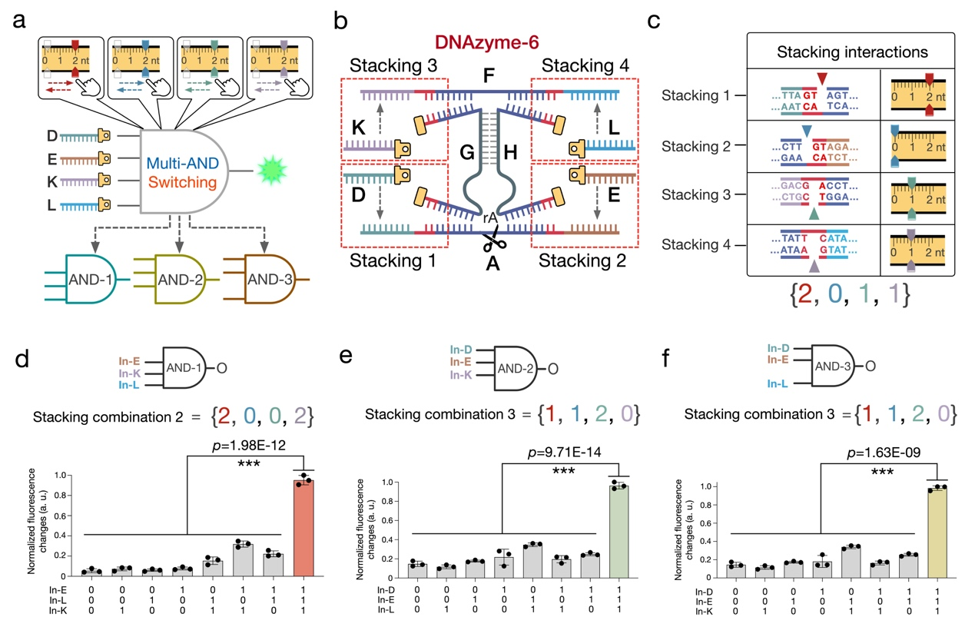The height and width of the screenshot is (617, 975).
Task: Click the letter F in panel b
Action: point(489,77)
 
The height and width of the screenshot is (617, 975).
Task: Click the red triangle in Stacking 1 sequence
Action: point(823,77)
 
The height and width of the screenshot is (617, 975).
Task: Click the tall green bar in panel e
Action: point(618,530)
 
